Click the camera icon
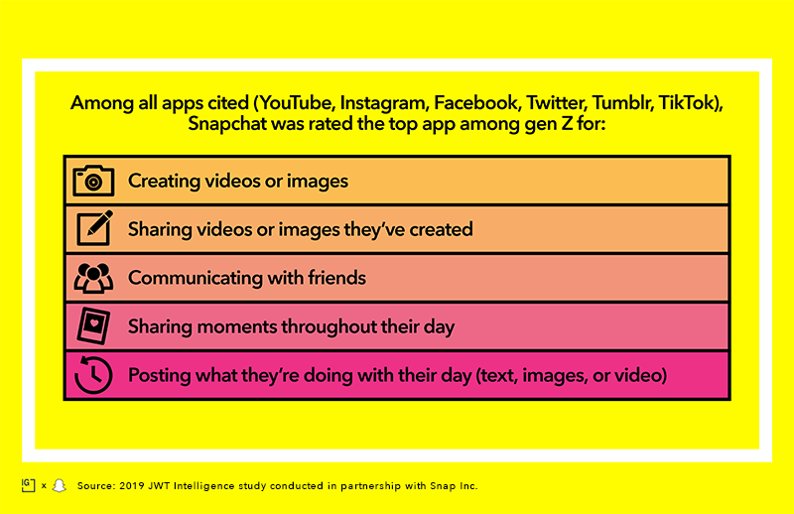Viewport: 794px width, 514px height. [93, 181]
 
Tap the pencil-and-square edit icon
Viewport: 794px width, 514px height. [94, 228]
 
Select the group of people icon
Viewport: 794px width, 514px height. [93, 278]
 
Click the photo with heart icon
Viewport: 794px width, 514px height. [93, 326]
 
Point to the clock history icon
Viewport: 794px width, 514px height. [93, 375]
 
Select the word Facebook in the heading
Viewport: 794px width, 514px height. [477, 103]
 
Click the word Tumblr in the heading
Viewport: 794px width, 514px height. [623, 103]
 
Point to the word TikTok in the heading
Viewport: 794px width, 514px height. [687, 103]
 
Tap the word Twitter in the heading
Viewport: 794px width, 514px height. [557, 103]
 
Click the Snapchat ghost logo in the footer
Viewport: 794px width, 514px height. [60, 485]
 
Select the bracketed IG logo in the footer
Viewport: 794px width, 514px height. [29, 485]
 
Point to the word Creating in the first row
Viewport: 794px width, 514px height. [164, 182]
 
